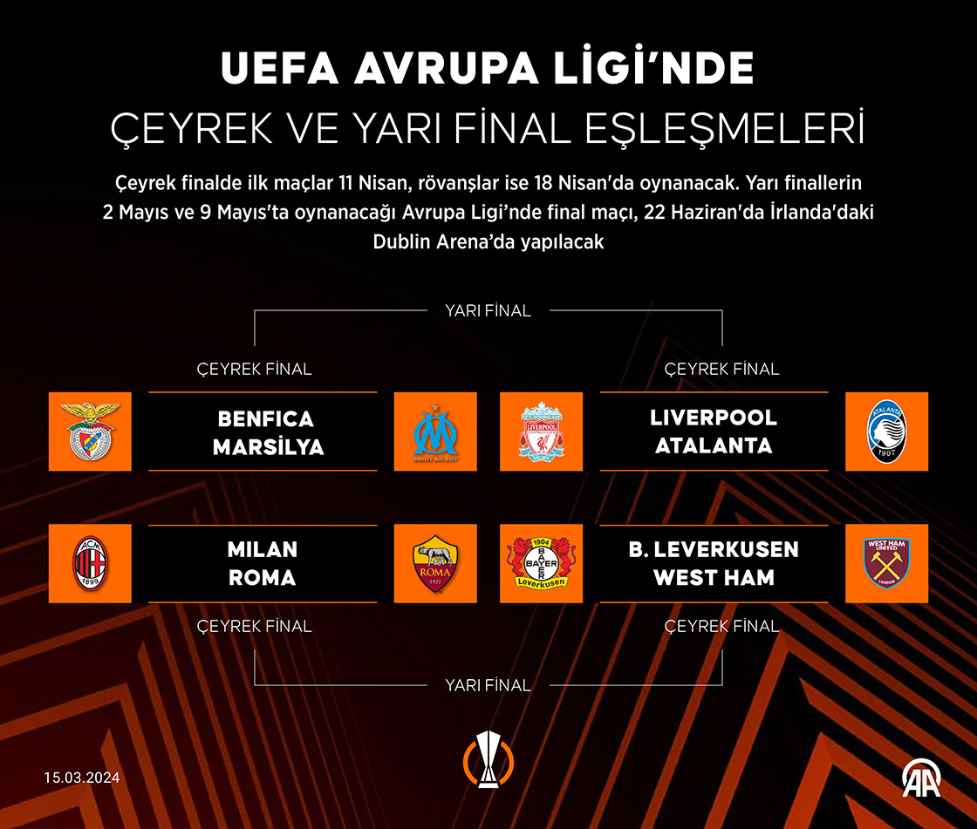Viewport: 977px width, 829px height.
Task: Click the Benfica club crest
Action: click(90, 431)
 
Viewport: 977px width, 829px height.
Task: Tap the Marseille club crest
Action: click(435, 431)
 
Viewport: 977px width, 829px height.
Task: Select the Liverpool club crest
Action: click(541, 431)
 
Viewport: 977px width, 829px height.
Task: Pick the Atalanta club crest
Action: click(886, 431)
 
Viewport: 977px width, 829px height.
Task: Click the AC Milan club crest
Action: click(90, 564)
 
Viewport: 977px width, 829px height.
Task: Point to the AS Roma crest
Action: click(435, 564)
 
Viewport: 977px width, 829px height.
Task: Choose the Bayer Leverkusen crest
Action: click(541, 564)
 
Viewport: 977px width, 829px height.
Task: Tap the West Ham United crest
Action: click(886, 564)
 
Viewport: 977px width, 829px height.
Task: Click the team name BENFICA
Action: click(265, 418)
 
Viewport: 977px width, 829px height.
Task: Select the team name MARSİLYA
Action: click(268, 447)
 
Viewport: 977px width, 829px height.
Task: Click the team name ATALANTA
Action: click(714, 445)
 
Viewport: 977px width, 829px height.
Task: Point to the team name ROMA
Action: click(263, 578)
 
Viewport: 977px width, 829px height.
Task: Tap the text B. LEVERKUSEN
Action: click(714, 550)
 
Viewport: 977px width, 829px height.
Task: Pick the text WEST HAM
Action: click(714, 578)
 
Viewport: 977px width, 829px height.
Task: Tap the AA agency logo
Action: click(921, 778)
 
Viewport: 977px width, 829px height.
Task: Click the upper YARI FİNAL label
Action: click(488, 310)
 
